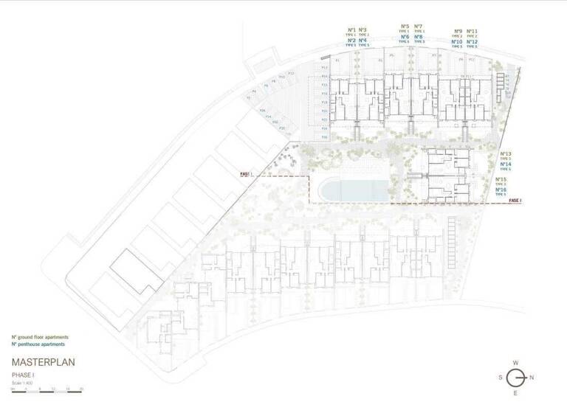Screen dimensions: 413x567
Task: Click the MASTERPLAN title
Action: pyautogui.click(x=44, y=362)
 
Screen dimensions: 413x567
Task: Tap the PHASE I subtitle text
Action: pyautogui.click(x=23, y=375)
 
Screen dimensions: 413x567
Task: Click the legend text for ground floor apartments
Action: pyautogui.click(x=38, y=337)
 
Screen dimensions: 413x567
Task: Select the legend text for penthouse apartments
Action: pyautogui.click(x=38, y=344)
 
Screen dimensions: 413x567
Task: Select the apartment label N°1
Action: pyautogui.click(x=351, y=29)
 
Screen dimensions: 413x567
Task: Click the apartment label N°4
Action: pyautogui.click(x=362, y=41)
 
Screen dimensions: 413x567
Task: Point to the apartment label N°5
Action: pyautogui.click(x=405, y=27)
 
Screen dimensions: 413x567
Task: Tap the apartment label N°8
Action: pyautogui.click(x=419, y=37)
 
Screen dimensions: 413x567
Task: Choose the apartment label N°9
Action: pyautogui.click(x=458, y=31)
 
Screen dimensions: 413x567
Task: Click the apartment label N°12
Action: pyautogui.click(x=472, y=42)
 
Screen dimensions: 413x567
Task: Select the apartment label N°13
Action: pyautogui.click(x=506, y=154)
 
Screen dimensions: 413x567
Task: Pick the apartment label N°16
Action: pyautogui.click(x=501, y=190)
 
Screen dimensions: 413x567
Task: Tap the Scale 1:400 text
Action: pyautogui.click(x=23, y=382)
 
